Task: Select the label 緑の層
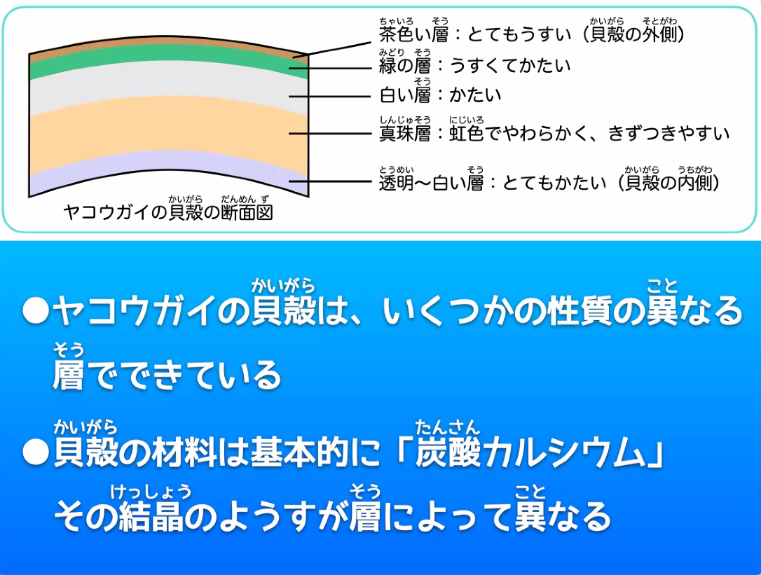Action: coord(405,66)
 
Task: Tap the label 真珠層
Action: coord(405,134)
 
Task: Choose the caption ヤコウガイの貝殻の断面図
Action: coord(168,212)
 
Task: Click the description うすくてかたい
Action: coord(510,66)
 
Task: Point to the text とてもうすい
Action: coord(519,34)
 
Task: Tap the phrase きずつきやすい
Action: coord(669,134)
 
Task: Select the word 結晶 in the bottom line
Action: coord(151,516)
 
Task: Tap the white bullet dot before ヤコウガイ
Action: coord(36,310)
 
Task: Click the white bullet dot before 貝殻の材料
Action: coord(36,452)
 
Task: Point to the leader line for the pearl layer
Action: coord(330,134)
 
